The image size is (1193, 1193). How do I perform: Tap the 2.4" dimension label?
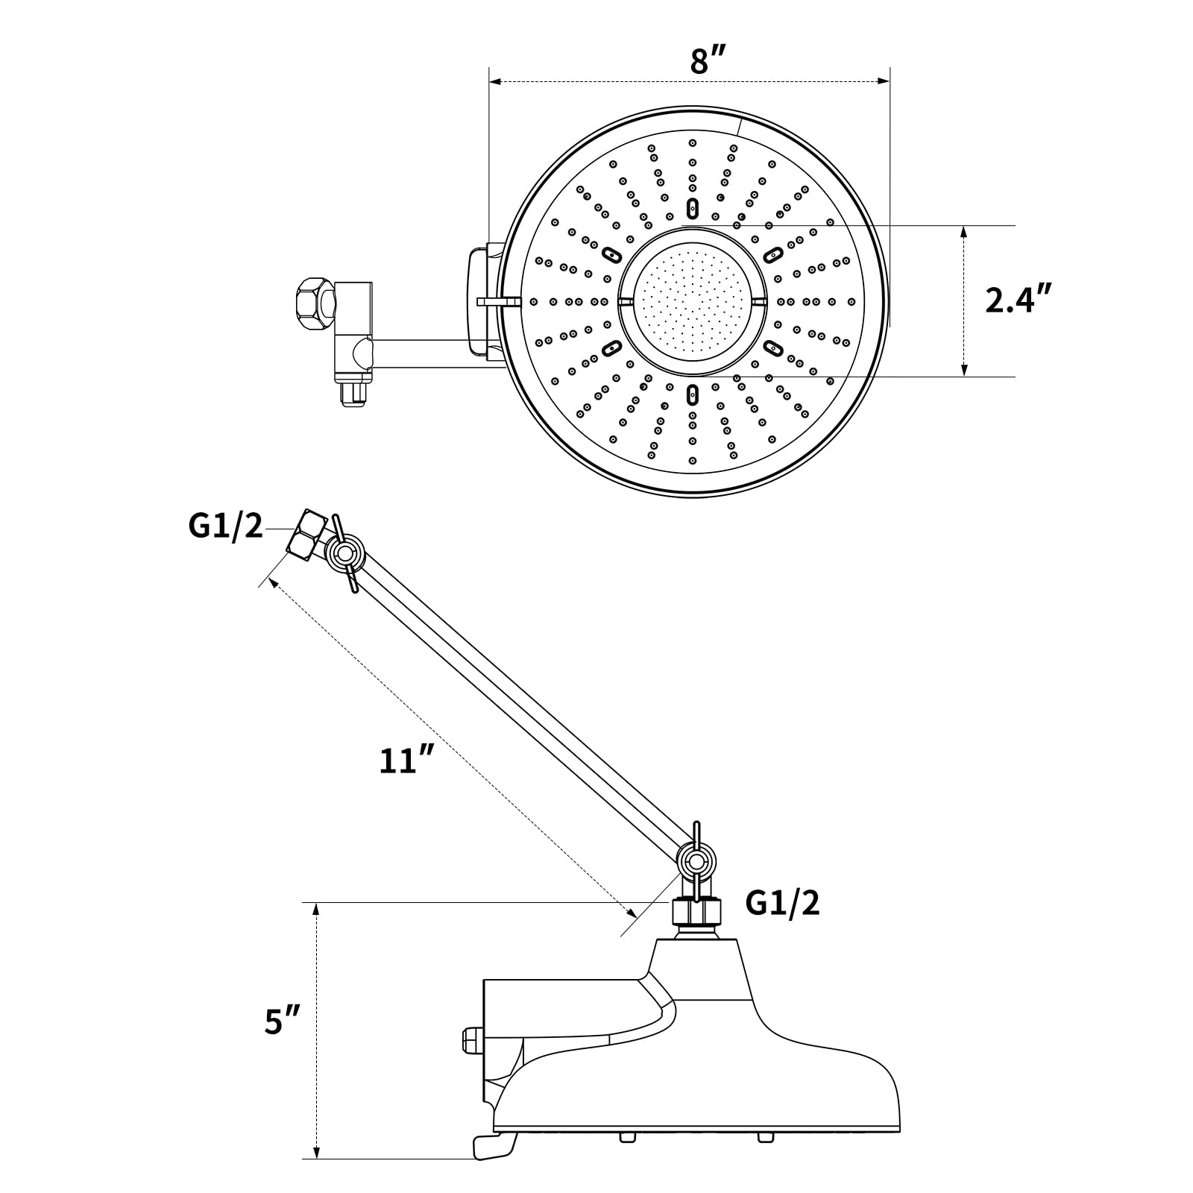point(1018,300)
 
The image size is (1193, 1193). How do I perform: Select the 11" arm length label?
point(406,759)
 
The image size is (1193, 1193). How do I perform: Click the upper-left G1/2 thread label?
point(226,526)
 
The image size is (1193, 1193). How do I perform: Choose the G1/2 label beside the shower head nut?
point(783,904)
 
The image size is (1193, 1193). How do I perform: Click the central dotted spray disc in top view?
point(693,301)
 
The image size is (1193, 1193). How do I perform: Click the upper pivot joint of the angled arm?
point(345,553)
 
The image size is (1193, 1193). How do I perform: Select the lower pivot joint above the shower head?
point(696,861)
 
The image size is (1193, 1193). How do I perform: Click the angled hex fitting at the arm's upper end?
point(307,535)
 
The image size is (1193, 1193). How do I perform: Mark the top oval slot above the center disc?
point(693,207)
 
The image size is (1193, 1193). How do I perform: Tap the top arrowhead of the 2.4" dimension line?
point(964,232)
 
